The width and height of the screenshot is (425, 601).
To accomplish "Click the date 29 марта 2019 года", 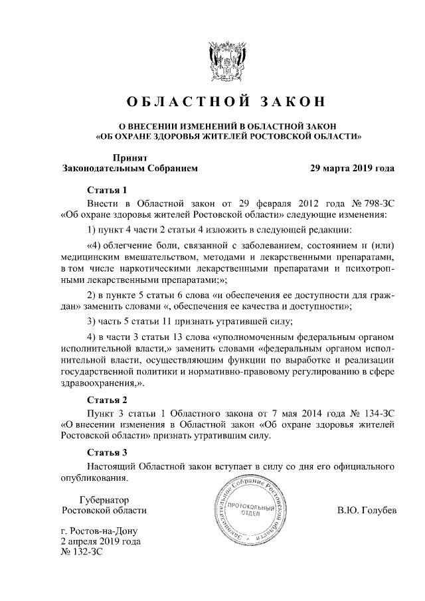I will (352, 169).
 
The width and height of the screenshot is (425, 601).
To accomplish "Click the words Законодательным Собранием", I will (129, 169).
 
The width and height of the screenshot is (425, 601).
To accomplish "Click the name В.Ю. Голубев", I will (367, 511).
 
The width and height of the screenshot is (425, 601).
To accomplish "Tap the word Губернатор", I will (104, 499).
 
